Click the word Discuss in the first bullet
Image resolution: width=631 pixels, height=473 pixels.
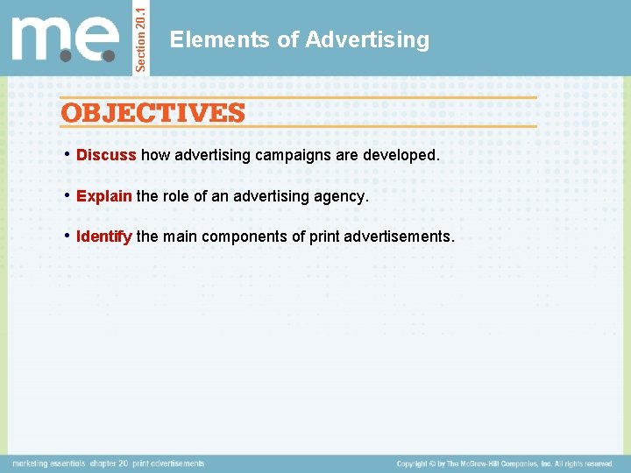tap(106, 155)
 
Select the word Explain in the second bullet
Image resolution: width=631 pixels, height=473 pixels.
tap(103, 196)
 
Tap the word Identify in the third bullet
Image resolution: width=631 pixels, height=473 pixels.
tap(104, 236)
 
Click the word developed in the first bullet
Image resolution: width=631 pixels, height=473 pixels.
tap(401, 155)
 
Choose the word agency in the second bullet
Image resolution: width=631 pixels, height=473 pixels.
tap(342, 196)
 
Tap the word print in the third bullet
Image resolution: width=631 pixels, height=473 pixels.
tap(326, 236)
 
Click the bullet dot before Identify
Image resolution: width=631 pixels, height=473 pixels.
tap(67, 236)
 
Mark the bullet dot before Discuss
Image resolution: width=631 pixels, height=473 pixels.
tap(67, 155)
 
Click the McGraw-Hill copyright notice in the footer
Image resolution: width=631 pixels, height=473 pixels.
tap(504, 463)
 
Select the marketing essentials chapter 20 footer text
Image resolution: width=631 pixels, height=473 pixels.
tap(108, 463)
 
